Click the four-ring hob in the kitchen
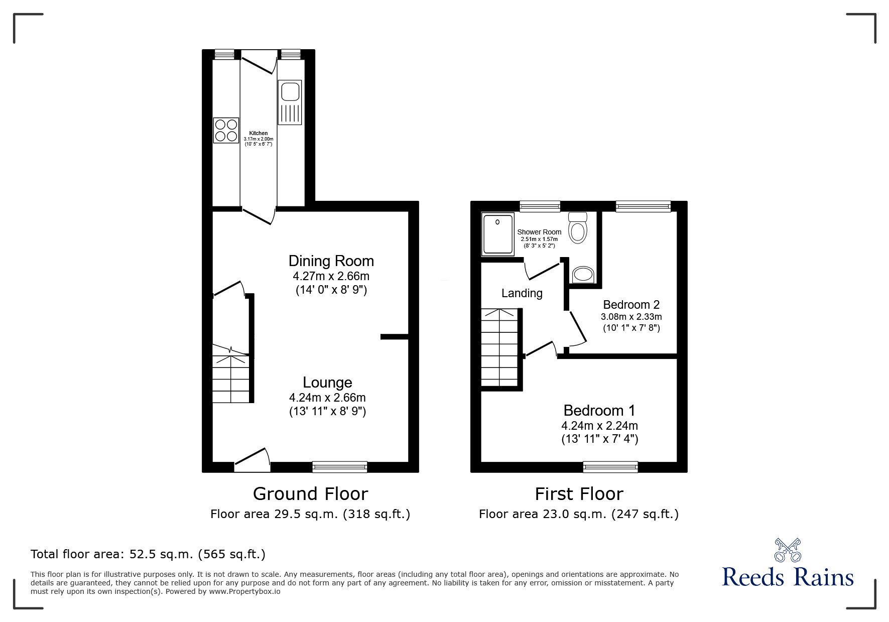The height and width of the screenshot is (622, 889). tap(226, 130)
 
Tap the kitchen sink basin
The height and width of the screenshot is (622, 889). tap(290, 92)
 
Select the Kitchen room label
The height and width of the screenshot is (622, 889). tap(259, 133)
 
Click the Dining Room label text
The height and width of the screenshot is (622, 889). tap(331, 261)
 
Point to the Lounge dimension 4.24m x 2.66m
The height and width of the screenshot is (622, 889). tap(327, 398)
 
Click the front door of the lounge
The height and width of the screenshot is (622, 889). tap(252, 459)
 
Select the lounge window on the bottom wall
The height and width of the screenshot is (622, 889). tap(339, 467)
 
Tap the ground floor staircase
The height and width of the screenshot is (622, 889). tap(230, 379)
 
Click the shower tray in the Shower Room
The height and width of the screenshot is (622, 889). tap(498, 233)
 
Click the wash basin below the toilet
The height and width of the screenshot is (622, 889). tap(583, 275)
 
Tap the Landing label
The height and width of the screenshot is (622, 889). tap(522, 293)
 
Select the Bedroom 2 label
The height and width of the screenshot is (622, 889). tap(631, 305)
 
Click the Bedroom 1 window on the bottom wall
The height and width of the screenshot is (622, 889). tap(610, 467)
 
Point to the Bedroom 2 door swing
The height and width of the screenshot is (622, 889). tap(578, 329)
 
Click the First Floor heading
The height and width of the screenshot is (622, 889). tap(579, 494)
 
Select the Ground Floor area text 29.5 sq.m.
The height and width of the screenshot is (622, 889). tap(310, 514)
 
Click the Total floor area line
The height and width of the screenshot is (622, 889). tap(148, 554)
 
